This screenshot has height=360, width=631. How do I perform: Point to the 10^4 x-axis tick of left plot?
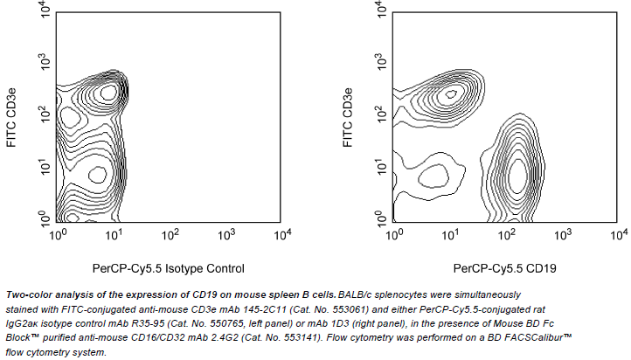281,234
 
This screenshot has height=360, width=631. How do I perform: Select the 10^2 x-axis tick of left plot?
170,234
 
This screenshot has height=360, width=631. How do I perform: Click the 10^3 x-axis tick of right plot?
563,234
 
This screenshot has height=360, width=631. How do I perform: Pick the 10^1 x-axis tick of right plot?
451,234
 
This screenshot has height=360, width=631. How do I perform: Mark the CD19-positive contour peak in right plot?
517,174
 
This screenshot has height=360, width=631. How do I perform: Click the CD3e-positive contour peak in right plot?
451,93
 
